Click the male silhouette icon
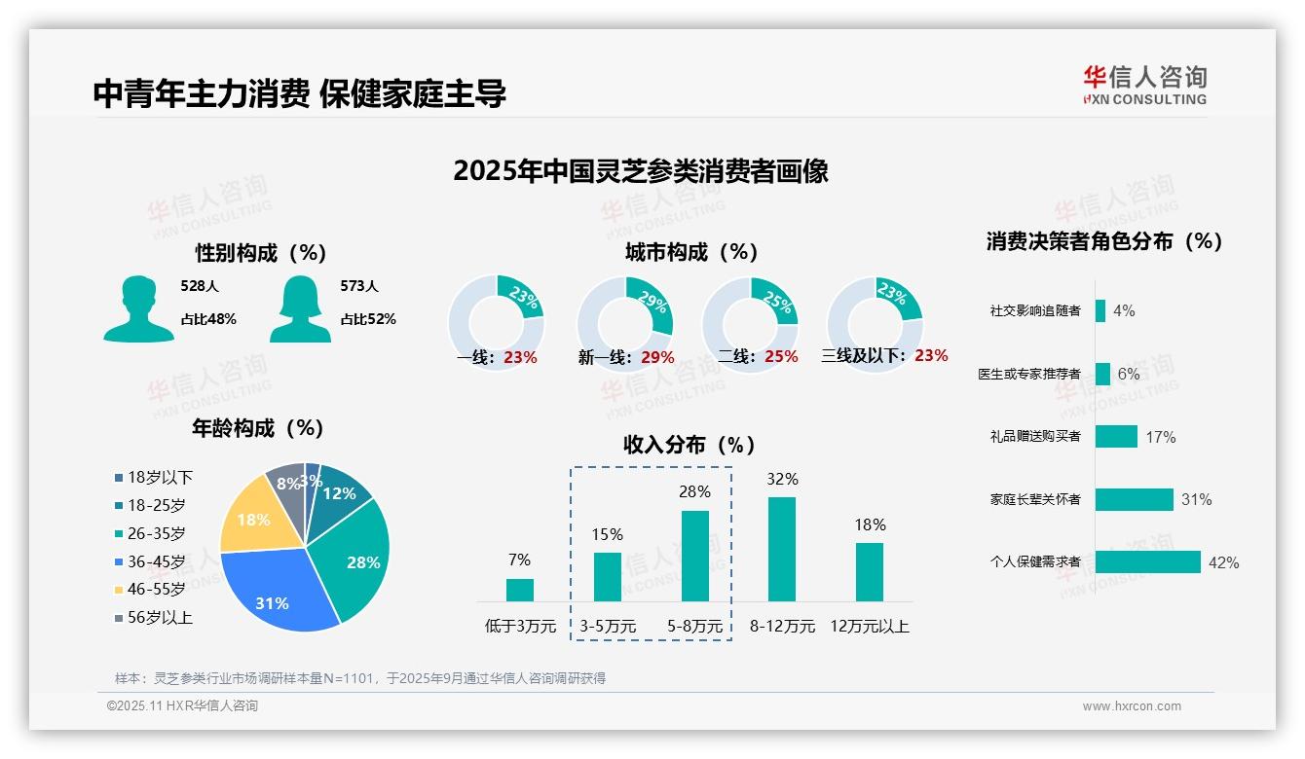138,308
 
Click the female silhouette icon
301,308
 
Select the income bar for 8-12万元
782,549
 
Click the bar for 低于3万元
520,590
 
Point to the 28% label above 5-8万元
694,491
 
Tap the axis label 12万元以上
869,626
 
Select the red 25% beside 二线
781,356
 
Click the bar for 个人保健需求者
1147,561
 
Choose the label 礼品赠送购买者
1034,436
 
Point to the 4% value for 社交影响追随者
1124,310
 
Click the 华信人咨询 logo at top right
1145,85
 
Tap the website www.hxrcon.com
1132,706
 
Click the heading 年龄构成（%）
257,428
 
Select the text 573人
358,286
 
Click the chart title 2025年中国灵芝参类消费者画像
641,171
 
